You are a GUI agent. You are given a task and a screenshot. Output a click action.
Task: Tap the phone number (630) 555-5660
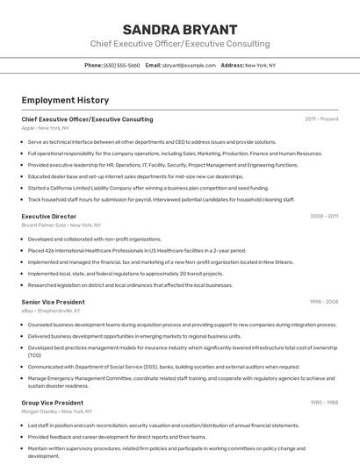click(121, 65)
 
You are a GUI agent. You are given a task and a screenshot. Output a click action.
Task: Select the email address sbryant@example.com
click(187, 65)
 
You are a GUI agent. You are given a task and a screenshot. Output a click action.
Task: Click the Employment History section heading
click(65, 100)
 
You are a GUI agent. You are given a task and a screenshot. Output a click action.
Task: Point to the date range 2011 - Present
click(321, 118)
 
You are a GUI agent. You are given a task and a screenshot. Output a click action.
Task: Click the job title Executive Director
click(49, 216)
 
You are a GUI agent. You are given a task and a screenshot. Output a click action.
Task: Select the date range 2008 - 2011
click(323, 216)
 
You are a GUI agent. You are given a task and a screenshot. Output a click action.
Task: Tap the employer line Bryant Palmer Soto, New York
click(56, 225)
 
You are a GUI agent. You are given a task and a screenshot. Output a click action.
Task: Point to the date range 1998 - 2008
click(323, 302)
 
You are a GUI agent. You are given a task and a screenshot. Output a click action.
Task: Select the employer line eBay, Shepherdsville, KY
click(51, 311)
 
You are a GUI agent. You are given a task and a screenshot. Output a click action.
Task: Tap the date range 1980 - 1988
click(323, 403)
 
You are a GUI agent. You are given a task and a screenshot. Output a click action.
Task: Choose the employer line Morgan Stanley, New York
click(56, 411)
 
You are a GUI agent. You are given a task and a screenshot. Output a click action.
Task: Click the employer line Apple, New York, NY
click(46, 128)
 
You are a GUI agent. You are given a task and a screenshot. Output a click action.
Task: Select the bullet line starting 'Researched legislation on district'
click(130, 285)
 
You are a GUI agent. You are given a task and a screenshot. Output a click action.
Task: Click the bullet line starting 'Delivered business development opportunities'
click(134, 336)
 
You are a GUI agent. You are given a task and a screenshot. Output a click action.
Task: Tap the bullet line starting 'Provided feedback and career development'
click(117, 437)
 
